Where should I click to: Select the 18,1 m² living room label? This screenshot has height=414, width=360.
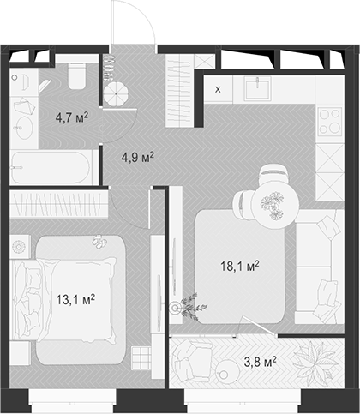coord(241,266)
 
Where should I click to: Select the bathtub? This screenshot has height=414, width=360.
coord(51,167)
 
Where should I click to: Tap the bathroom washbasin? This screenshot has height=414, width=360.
coord(23,128)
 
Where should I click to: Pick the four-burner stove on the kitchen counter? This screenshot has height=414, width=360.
coord(330,123)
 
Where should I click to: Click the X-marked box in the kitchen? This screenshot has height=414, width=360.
coord(217,89)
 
